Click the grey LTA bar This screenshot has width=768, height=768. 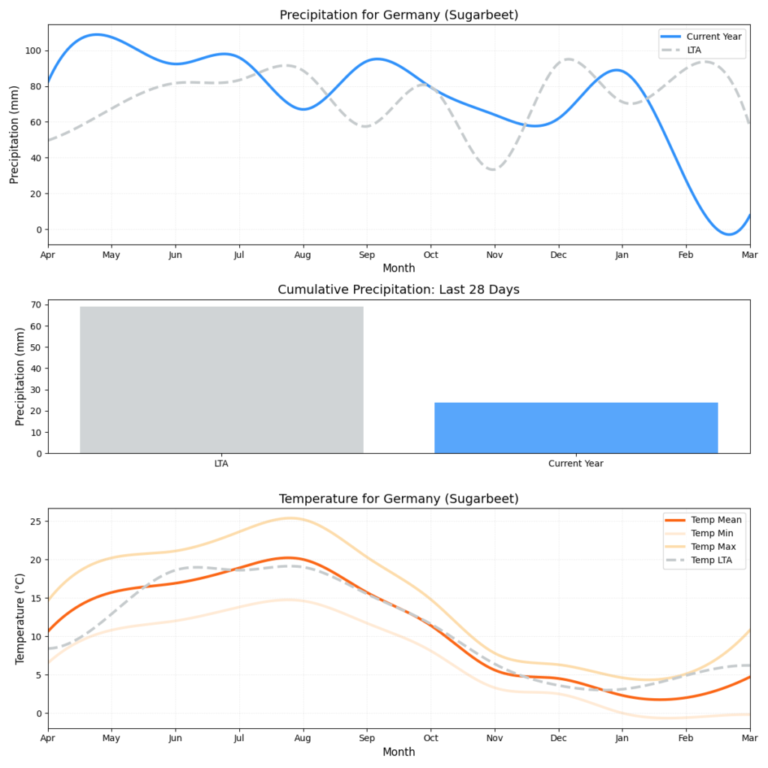221,379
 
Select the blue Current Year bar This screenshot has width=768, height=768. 576,427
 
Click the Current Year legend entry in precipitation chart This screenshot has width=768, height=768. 713,36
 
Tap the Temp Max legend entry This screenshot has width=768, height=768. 712,547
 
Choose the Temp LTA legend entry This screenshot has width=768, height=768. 712,560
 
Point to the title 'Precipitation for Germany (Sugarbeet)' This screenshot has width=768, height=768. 399,15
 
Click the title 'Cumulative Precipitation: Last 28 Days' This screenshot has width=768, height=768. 399,289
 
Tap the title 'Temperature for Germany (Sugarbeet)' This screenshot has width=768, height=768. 399,499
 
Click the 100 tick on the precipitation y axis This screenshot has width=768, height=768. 34,51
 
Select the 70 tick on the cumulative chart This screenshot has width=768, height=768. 37,305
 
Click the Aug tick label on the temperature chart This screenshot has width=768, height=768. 303,739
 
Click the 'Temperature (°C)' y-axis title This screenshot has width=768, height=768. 20,619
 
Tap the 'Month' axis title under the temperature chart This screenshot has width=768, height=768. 399,751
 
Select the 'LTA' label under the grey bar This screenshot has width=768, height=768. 221,463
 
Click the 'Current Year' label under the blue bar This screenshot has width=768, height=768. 576,463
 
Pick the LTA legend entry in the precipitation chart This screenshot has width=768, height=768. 701,49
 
